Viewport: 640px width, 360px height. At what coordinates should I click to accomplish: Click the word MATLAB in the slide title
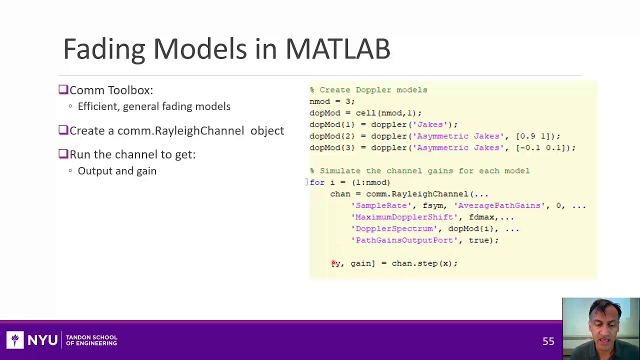pyautogui.click(x=337, y=49)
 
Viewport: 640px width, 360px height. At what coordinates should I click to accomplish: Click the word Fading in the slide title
pyautogui.click(x=104, y=49)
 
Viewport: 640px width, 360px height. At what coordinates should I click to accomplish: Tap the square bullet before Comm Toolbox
pyautogui.click(x=63, y=90)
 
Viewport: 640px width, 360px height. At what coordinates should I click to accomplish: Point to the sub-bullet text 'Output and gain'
pyautogui.click(x=117, y=171)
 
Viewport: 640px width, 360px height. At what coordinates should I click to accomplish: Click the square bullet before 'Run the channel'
pyautogui.click(x=63, y=154)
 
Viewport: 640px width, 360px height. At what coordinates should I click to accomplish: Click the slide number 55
pyautogui.click(x=548, y=341)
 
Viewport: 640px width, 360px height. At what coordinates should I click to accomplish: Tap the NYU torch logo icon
pyautogui.click(x=15, y=340)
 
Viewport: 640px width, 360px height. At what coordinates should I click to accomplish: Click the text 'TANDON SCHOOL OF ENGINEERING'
pyautogui.click(x=91, y=340)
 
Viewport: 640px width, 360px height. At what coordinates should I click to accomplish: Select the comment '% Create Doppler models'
pyautogui.click(x=368, y=90)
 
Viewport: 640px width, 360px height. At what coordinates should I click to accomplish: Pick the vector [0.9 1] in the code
pyautogui.click(x=537, y=136)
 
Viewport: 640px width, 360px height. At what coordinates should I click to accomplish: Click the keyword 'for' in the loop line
pyautogui.click(x=317, y=182)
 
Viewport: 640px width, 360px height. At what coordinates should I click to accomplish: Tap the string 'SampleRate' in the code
pyautogui.click(x=381, y=205)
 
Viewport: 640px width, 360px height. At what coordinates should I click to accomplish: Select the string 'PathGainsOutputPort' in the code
pyautogui.click(x=404, y=240)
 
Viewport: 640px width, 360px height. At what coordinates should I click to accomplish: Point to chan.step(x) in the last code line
pyautogui.click(x=421, y=263)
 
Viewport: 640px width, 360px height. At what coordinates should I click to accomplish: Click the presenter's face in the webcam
pyautogui.click(x=599, y=325)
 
